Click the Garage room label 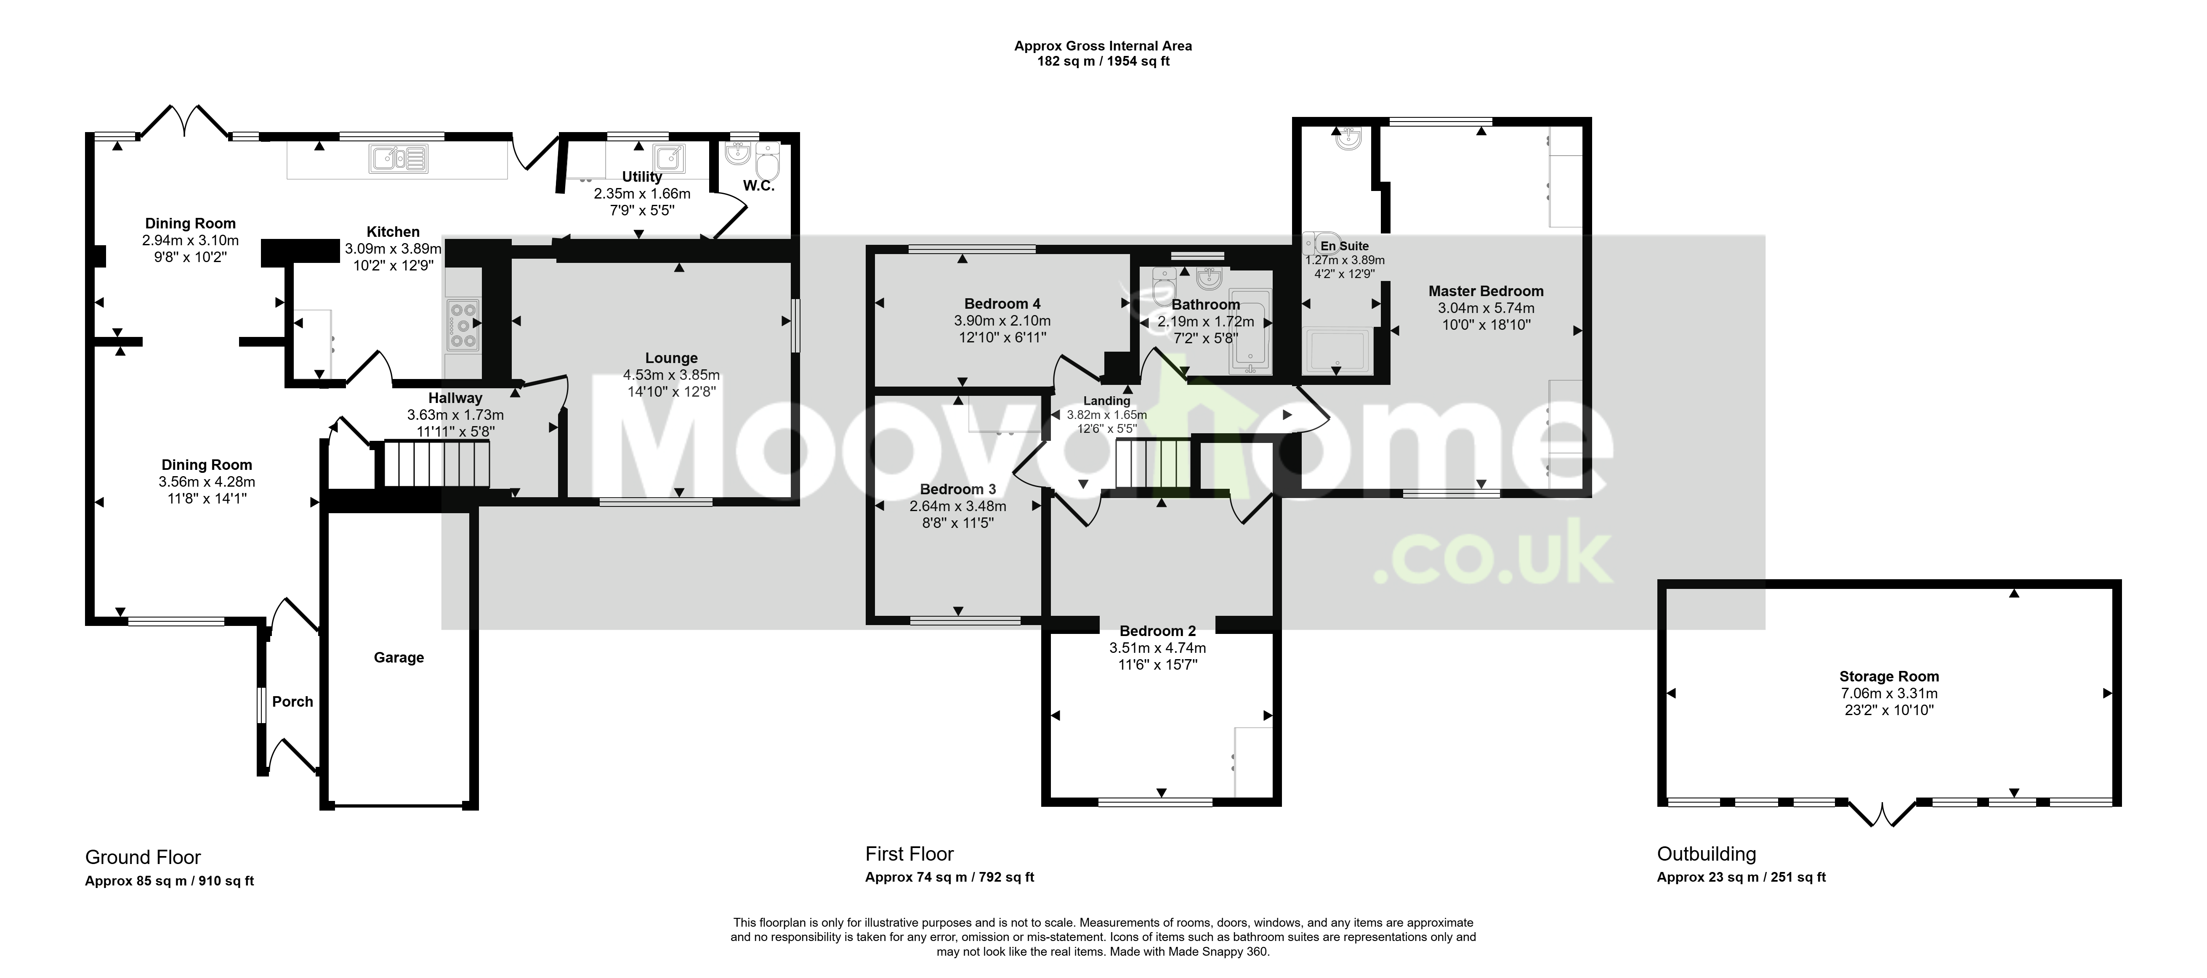tap(399, 658)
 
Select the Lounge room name tap(672, 358)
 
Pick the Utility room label tap(642, 176)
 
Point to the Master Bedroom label tap(1486, 291)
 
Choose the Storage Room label tap(1889, 676)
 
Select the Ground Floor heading tap(143, 857)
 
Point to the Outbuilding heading tap(1707, 854)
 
